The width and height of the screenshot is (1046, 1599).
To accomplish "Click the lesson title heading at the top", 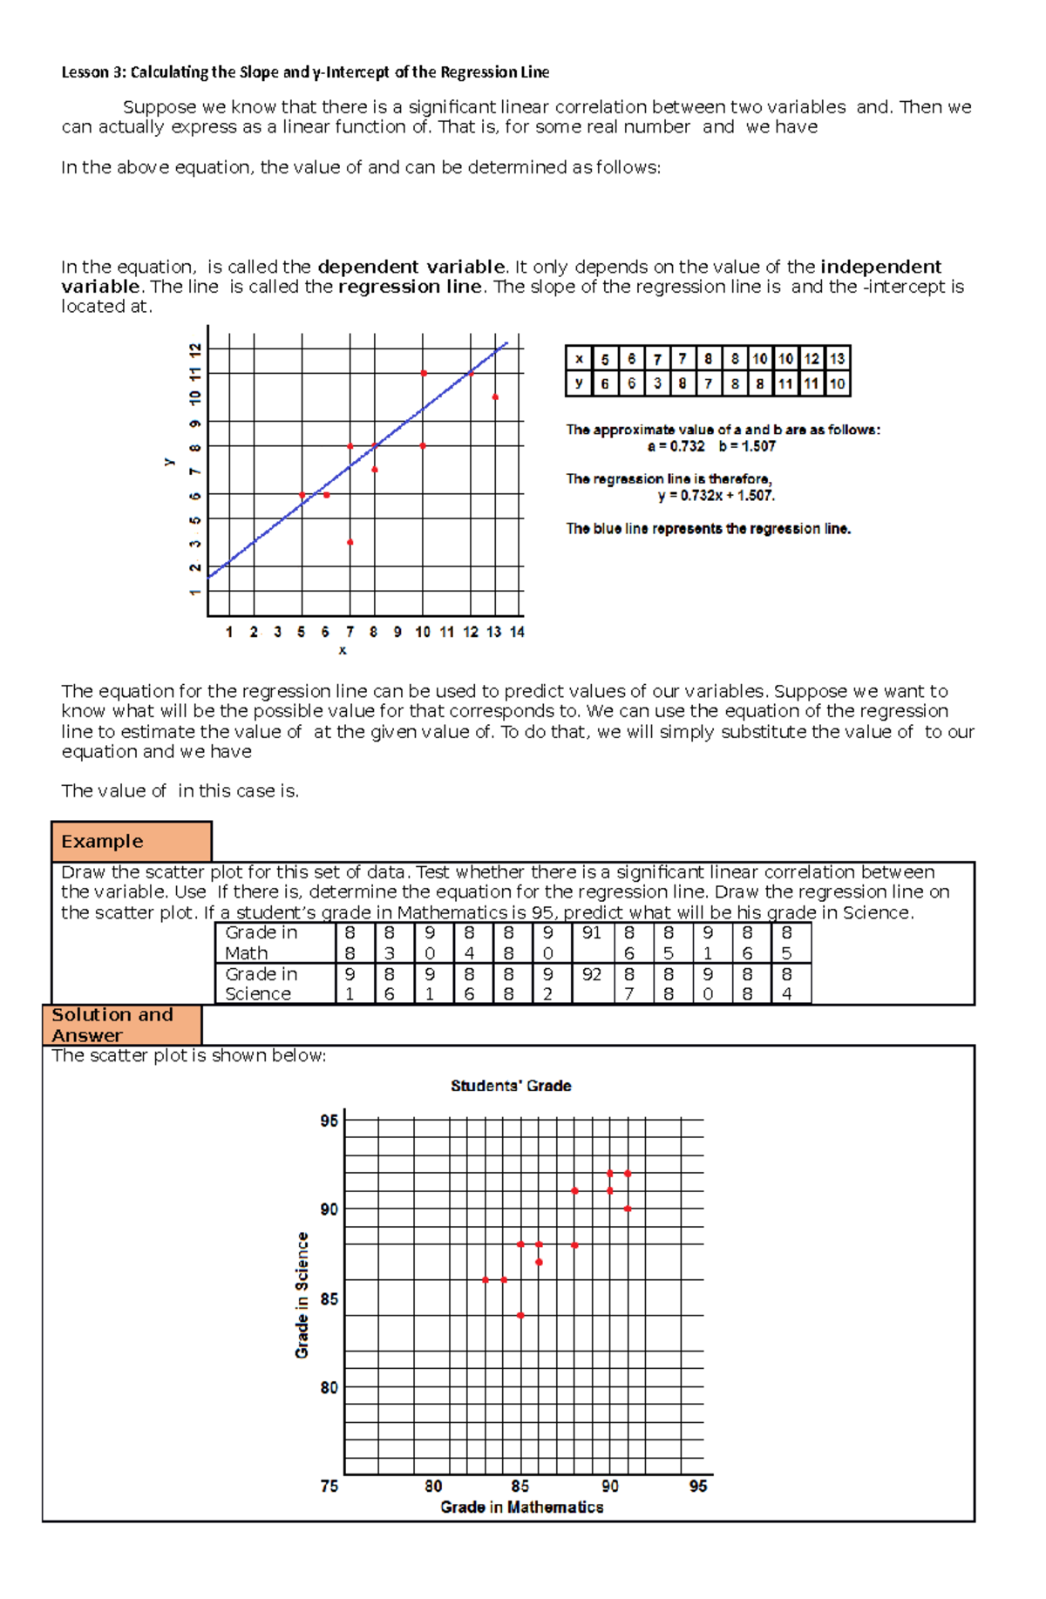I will (305, 72).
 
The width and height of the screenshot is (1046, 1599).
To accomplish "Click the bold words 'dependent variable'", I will (411, 267).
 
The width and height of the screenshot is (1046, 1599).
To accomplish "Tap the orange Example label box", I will (132, 841).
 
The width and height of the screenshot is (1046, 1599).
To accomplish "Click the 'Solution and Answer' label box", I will (122, 1025).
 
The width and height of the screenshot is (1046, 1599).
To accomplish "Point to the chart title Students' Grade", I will (511, 1086).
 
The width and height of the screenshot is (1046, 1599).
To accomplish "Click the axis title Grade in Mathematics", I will (521, 1507).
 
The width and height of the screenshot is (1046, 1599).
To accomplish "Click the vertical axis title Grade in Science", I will (302, 1295).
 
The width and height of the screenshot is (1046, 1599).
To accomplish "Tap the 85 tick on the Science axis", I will (329, 1298).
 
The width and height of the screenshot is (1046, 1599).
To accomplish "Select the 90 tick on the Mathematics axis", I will (610, 1486).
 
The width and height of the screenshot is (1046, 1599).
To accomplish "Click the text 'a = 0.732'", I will (676, 446).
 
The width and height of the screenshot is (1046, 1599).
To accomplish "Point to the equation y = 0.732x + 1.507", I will (716, 496).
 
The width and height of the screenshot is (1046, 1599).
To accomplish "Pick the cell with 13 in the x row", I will (837, 358).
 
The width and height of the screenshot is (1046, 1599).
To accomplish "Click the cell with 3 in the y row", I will (657, 383).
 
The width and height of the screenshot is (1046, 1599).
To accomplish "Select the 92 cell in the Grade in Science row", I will (592, 974).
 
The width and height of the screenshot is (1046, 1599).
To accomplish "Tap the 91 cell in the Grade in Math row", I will (592, 933).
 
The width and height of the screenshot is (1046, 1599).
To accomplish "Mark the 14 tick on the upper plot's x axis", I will (517, 632).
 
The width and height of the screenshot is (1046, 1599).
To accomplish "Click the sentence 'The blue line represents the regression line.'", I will (708, 528).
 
